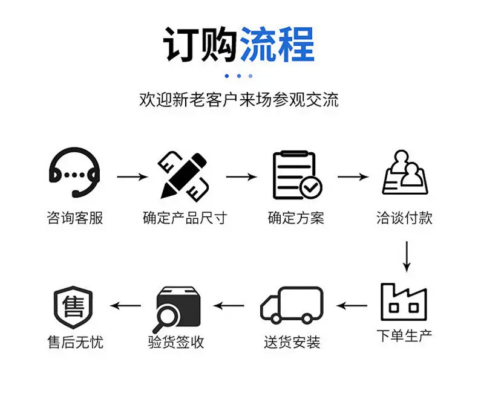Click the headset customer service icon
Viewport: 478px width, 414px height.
click(74, 173)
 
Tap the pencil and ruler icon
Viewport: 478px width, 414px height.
click(184, 175)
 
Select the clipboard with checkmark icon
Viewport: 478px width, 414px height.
click(296, 175)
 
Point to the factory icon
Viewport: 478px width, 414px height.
click(404, 302)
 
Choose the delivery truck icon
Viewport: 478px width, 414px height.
click(292, 305)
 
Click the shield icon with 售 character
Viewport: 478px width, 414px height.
click(73, 306)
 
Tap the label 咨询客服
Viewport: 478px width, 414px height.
click(75, 218)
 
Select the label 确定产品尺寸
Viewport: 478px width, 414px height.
click(185, 218)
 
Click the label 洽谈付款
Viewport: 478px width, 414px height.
click(404, 218)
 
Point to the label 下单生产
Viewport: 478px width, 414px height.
click(404, 336)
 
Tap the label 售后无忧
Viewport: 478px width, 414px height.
click(75, 342)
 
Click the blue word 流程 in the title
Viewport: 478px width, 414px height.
click(278, 45)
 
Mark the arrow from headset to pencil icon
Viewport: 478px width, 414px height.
click(131, 177)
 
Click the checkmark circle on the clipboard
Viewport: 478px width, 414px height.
click(312, 187)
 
